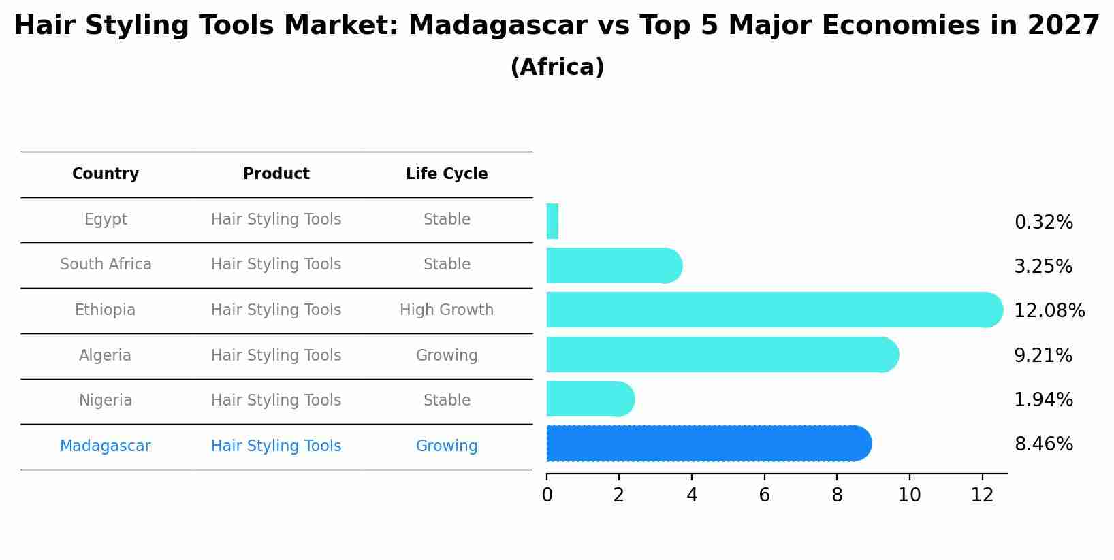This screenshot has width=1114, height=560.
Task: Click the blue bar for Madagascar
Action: pyautogui.click(x=708, y=444)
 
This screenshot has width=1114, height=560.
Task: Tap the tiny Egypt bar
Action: pyautogui.click(x=552, y=222)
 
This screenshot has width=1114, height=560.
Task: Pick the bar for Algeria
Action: pyautogui.click(x=722, y=355)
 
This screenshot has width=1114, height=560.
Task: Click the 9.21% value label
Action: pyautogui.click(x=1043, y=356)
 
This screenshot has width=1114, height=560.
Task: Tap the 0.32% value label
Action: pyautogui.click(x=1043, y=223)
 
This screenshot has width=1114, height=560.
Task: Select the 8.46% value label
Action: pyautogui.click(x=1043, y=444)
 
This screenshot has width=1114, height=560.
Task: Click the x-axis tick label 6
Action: pyautogui.click(x=764, y=495)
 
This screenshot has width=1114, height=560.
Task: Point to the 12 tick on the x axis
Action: pyautogui.click(x=982, y=495)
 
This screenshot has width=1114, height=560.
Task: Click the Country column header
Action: pyautogui.click(x=106, y=174)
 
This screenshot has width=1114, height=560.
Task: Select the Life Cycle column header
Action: pyautogui.click(x=447, y=174)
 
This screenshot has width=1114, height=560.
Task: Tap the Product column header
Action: pyautogui.click(x=276, y=174)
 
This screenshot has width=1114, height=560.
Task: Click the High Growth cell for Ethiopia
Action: pyautogui.click(x=447, y=310)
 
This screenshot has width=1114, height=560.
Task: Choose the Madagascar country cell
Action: pyautogui.click(x=106, y=446)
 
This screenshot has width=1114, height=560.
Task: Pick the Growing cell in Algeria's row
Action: pyautogui.click(x=447, y=356)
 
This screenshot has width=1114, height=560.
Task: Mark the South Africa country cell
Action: pyautogui.click(x=106, y=265)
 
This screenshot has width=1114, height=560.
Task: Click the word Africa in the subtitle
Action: pyautogui.click(x=557, y=67)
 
